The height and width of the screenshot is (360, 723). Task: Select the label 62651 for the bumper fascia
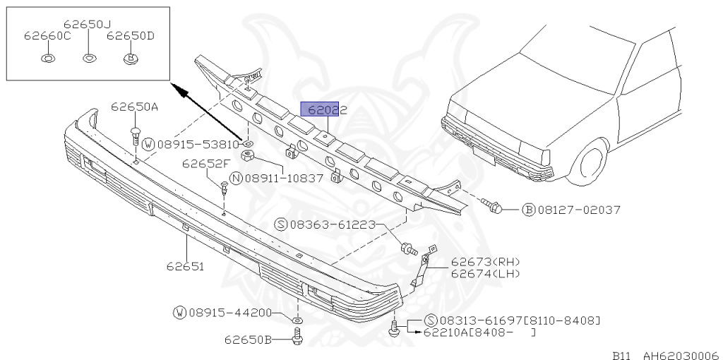(186, 266)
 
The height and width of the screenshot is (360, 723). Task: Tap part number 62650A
(134, 107)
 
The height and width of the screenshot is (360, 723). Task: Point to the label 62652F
(205, 163)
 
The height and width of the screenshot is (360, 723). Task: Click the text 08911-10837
(284, 179)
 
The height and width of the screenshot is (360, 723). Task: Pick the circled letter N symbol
(236, 179)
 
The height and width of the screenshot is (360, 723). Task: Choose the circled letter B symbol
(528, 210)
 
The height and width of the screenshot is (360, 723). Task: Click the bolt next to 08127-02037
(491, 206)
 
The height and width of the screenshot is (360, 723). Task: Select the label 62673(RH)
(485, 262)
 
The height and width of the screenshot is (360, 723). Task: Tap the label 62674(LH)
(485, 274)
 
